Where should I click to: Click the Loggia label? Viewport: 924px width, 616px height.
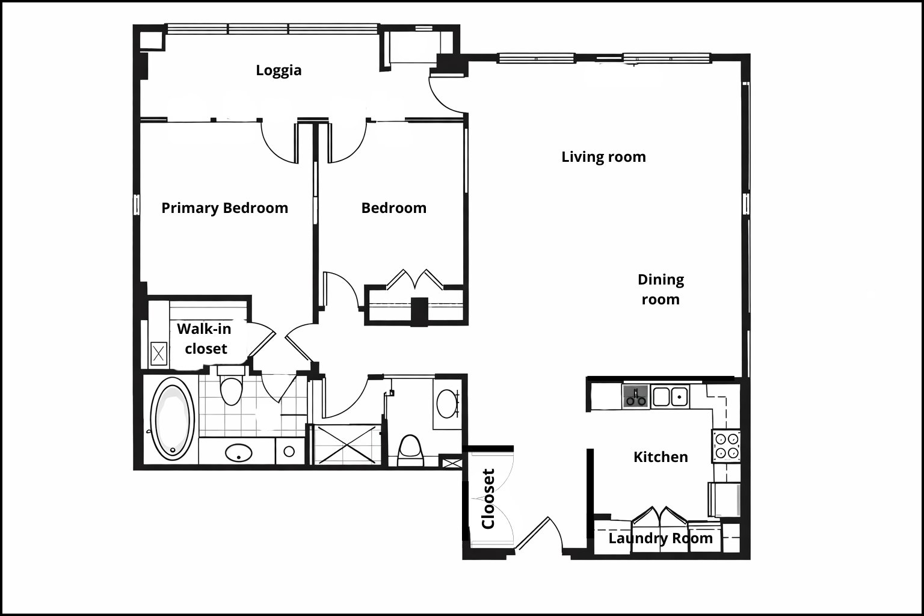279,70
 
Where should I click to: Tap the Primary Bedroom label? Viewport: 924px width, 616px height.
225,208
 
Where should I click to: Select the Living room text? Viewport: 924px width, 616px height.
603,157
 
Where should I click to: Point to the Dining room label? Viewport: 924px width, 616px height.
661,289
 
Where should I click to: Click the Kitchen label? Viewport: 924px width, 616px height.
661,457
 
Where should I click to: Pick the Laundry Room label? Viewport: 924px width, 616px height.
661,538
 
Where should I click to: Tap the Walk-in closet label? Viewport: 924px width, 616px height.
205,339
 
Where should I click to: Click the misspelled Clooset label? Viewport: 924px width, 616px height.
488,499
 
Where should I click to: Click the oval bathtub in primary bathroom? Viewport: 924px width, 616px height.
173,419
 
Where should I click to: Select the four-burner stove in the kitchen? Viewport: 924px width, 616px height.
727,446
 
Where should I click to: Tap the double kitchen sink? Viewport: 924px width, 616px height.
670,397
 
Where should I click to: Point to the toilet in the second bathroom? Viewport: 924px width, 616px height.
410,451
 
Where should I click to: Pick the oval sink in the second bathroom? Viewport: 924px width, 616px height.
447,404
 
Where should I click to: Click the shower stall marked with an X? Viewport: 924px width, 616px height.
347,445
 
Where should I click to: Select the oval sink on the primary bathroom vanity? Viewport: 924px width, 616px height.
238,453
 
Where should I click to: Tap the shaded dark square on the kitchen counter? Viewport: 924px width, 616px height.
636,396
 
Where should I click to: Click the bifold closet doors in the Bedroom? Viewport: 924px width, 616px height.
415,279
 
